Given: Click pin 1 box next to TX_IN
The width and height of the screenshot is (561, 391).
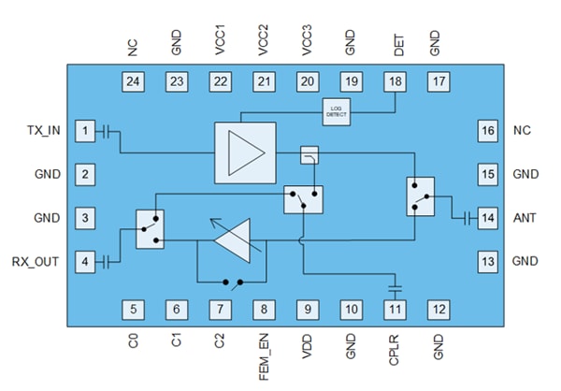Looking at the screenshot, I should [x=85, y=131].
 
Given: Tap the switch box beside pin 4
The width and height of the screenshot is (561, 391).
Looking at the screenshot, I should [x=150, y=229].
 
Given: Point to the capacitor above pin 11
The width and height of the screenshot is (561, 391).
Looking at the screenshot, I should [x=394, y=282].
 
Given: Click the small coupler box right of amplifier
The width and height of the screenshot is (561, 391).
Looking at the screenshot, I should [x=308, y=153].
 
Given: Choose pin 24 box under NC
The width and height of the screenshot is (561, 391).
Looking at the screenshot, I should [x=134, y=82].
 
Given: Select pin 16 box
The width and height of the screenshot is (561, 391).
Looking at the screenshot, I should [x=487, y=131].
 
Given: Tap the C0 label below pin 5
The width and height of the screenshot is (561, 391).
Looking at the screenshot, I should [x=135, y=339].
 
